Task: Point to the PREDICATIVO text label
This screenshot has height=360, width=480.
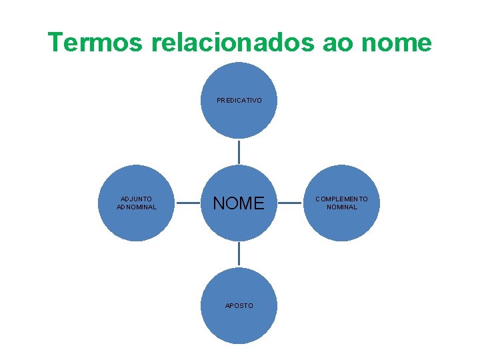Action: pos(239,101)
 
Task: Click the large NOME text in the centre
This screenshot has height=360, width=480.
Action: pos(239,203)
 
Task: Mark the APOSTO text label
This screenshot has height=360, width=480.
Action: pos(239,305)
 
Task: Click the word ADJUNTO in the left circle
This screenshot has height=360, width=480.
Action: pos(137,199)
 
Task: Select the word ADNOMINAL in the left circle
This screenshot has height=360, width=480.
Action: pos(137,207)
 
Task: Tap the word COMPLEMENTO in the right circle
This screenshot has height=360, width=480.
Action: pos(341,199)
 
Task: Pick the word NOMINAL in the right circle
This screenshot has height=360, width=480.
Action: pos(341,207)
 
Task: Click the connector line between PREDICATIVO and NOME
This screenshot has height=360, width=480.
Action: pos(239,151)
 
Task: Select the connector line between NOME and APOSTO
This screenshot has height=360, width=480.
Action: pos(239,254)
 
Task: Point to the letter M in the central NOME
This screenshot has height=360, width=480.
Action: pos(246,203)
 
